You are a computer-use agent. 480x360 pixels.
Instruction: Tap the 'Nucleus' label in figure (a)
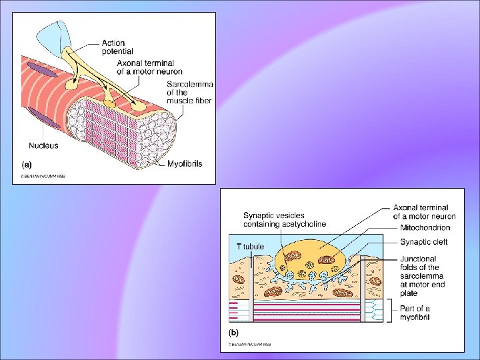coord(43,145)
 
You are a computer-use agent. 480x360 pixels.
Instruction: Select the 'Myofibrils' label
coord(185,163)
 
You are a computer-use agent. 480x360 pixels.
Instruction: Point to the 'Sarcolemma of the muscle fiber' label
coord(189,96)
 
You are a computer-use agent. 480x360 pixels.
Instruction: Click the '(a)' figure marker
coord(26,163)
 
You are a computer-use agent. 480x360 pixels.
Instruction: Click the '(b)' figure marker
coord(234,331)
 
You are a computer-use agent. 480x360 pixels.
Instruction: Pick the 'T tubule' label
coord(250,246)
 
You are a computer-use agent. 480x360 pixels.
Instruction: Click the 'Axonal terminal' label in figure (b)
coord(424,212)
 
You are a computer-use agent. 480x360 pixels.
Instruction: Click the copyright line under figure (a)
coord(43,177)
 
